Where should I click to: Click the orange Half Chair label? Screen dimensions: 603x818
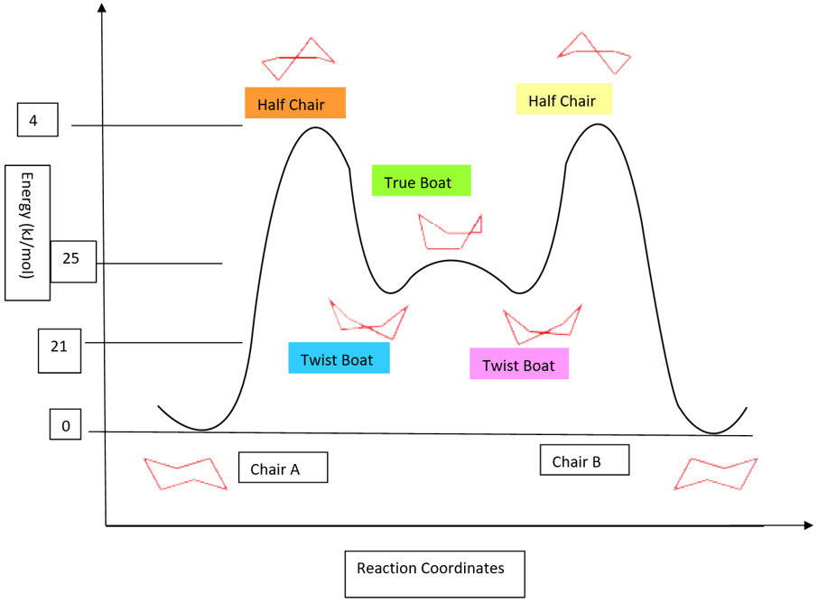(x=295, y=104)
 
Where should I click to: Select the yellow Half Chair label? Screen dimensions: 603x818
(x=563, y=99)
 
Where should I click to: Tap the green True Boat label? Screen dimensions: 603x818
(x=421, y=181)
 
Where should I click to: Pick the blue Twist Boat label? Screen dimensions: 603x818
(x=339, y=358)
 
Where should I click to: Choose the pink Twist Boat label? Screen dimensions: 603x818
(x=519, y=364)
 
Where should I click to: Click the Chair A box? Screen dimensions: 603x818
(x=283, y=468)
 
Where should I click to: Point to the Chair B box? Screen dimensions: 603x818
(x=584, y=460)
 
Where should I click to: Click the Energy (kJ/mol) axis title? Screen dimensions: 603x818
(x=27, y=232)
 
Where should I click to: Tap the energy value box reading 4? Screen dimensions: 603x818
(x=37, y=120)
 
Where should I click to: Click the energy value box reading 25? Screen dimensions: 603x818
(x=73, y=261)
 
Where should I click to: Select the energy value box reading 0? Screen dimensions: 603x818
(x=65, y=425)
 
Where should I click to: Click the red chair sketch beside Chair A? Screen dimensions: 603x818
(x=185, y=473)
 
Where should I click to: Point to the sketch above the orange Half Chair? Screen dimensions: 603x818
(x=298, y=60)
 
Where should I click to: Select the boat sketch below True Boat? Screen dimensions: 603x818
(x=450, y=231)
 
